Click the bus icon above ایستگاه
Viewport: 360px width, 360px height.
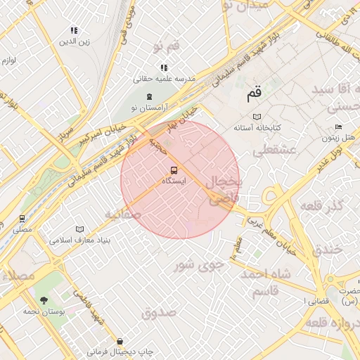(174, 170)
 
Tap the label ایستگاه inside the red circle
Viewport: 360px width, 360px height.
(174, 181)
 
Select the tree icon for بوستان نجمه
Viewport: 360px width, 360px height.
(44, 301)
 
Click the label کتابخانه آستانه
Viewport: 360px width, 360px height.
(257, 127)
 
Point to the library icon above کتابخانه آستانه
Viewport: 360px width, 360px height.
(257, 117)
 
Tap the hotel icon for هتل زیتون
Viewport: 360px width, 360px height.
(338, 127)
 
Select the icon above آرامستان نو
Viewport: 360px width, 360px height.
(148, 97)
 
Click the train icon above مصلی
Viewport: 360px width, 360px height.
(22, 219)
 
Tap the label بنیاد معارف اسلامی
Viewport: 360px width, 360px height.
(77, 240)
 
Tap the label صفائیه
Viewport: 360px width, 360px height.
(122, 214)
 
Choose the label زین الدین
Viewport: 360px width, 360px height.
(75, 41)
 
